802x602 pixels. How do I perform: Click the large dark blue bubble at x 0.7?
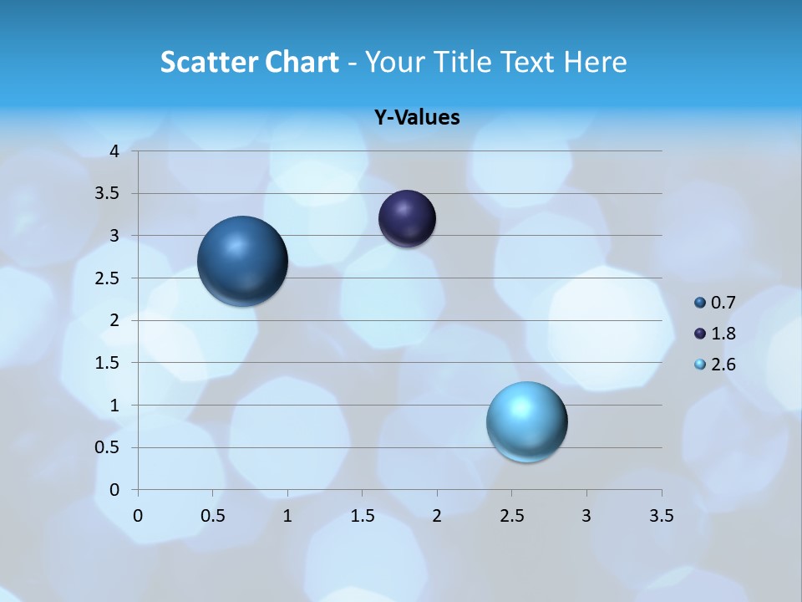pyautogui.click(x=243, y=261)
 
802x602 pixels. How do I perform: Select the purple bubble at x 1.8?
pyautogui.click(x=407, y=218)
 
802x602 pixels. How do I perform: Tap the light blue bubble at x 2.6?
pyautogui.click(x=526, y=421)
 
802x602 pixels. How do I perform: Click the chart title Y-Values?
pyautogui.click(x=417, y=118)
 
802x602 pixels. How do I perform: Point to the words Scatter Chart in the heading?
pyautogui.click(x=250, y=62)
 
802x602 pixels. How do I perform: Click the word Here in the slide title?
pyautogui.click(x=595, y=62)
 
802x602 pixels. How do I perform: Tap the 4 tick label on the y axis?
pyautogui.click(x=115, y=151)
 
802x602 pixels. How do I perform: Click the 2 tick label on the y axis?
pyautogui.click(x=115, y=320)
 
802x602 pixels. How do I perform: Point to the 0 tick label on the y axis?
pyautogui.click(x=115, y=490)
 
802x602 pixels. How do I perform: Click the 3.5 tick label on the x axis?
pyautogui.click(x=662, y=515)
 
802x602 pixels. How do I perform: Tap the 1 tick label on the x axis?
pyautogui.click(x=287, y=515)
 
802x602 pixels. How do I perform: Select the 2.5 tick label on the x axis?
pyautogui.click(x=511, y=515)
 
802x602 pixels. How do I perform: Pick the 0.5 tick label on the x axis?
pyautogui.click(x=213, y=515)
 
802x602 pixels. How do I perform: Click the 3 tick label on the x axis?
pyautogui.click(x=586, y=515)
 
